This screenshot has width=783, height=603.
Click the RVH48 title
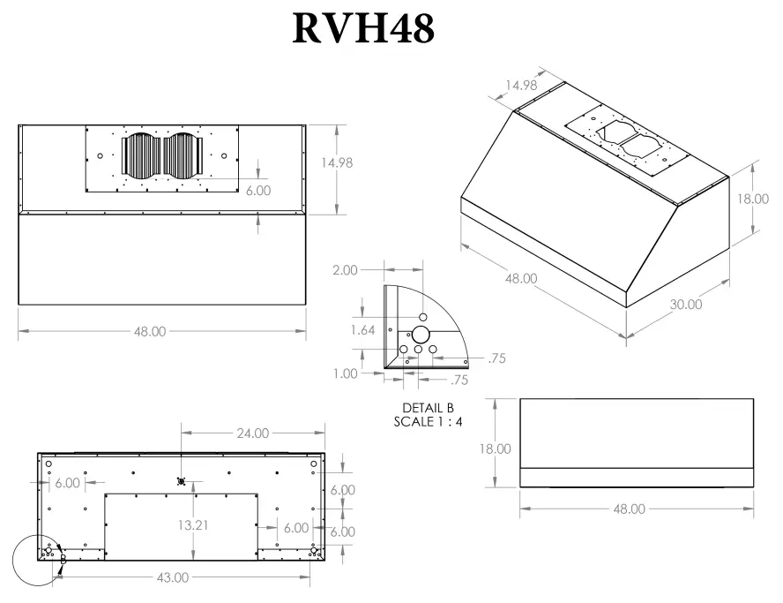[x=364, y=28]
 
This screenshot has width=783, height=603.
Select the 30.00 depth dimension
[x=685, y=304]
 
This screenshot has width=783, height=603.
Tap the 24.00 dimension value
[x=251, y=433]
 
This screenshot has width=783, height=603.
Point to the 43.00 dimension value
[x=173, y=577]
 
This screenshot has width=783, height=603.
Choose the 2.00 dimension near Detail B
[x=345, y=269]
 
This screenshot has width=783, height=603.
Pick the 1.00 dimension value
[x=346, y=373]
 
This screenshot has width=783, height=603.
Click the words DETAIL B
[x=428, y=408]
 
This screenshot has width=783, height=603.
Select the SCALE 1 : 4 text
[x=428, y=421]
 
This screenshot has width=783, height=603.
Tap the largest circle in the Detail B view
[x=421, y=335]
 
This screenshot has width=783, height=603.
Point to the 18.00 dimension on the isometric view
[x=753, y=199]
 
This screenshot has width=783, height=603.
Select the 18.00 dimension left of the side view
[x=495, y=448]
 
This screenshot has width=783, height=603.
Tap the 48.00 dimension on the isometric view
[x=520, y=278]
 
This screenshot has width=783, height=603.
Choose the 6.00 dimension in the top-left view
[x=257, y=190]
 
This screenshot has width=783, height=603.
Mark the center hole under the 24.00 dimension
[x=181, y=481]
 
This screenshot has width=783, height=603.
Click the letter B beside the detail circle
[x=63, y=560]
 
